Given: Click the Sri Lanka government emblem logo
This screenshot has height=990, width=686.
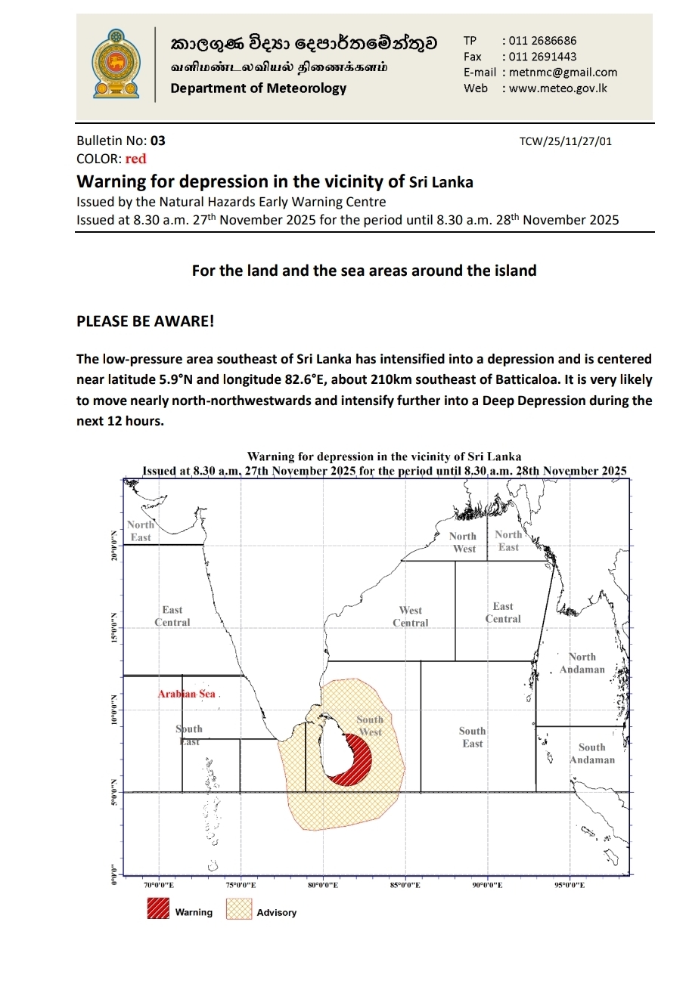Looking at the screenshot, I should (x=116, y=64).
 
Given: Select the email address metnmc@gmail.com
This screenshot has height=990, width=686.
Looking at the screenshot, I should (x=563, y=73).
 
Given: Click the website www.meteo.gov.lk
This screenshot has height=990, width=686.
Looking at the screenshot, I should (x=558, y=88).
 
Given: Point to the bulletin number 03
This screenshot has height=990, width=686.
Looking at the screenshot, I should (x=157, y=141).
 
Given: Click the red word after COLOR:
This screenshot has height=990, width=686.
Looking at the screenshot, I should (x=136, y=159).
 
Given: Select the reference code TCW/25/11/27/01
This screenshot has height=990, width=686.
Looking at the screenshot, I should (x=566, y=141).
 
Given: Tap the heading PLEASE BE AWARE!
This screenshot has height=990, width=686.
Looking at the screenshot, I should (x=145, y=321).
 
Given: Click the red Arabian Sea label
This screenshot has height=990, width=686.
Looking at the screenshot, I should (x=186, y=694).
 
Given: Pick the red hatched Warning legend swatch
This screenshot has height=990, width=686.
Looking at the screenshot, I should (x=158, y=908).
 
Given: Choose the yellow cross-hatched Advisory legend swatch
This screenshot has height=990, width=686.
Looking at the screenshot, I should (x=238, y=908).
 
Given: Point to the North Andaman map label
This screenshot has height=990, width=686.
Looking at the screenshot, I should (x=582, y=663).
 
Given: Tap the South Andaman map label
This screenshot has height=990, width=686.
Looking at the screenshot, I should (x=592, y=753).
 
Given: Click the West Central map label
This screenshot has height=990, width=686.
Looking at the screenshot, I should (x=411, y=617).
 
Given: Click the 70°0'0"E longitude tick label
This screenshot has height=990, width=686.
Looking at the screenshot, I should (x=159, y=884).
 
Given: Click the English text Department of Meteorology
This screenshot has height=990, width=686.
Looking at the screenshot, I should (x=258, y=88).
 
